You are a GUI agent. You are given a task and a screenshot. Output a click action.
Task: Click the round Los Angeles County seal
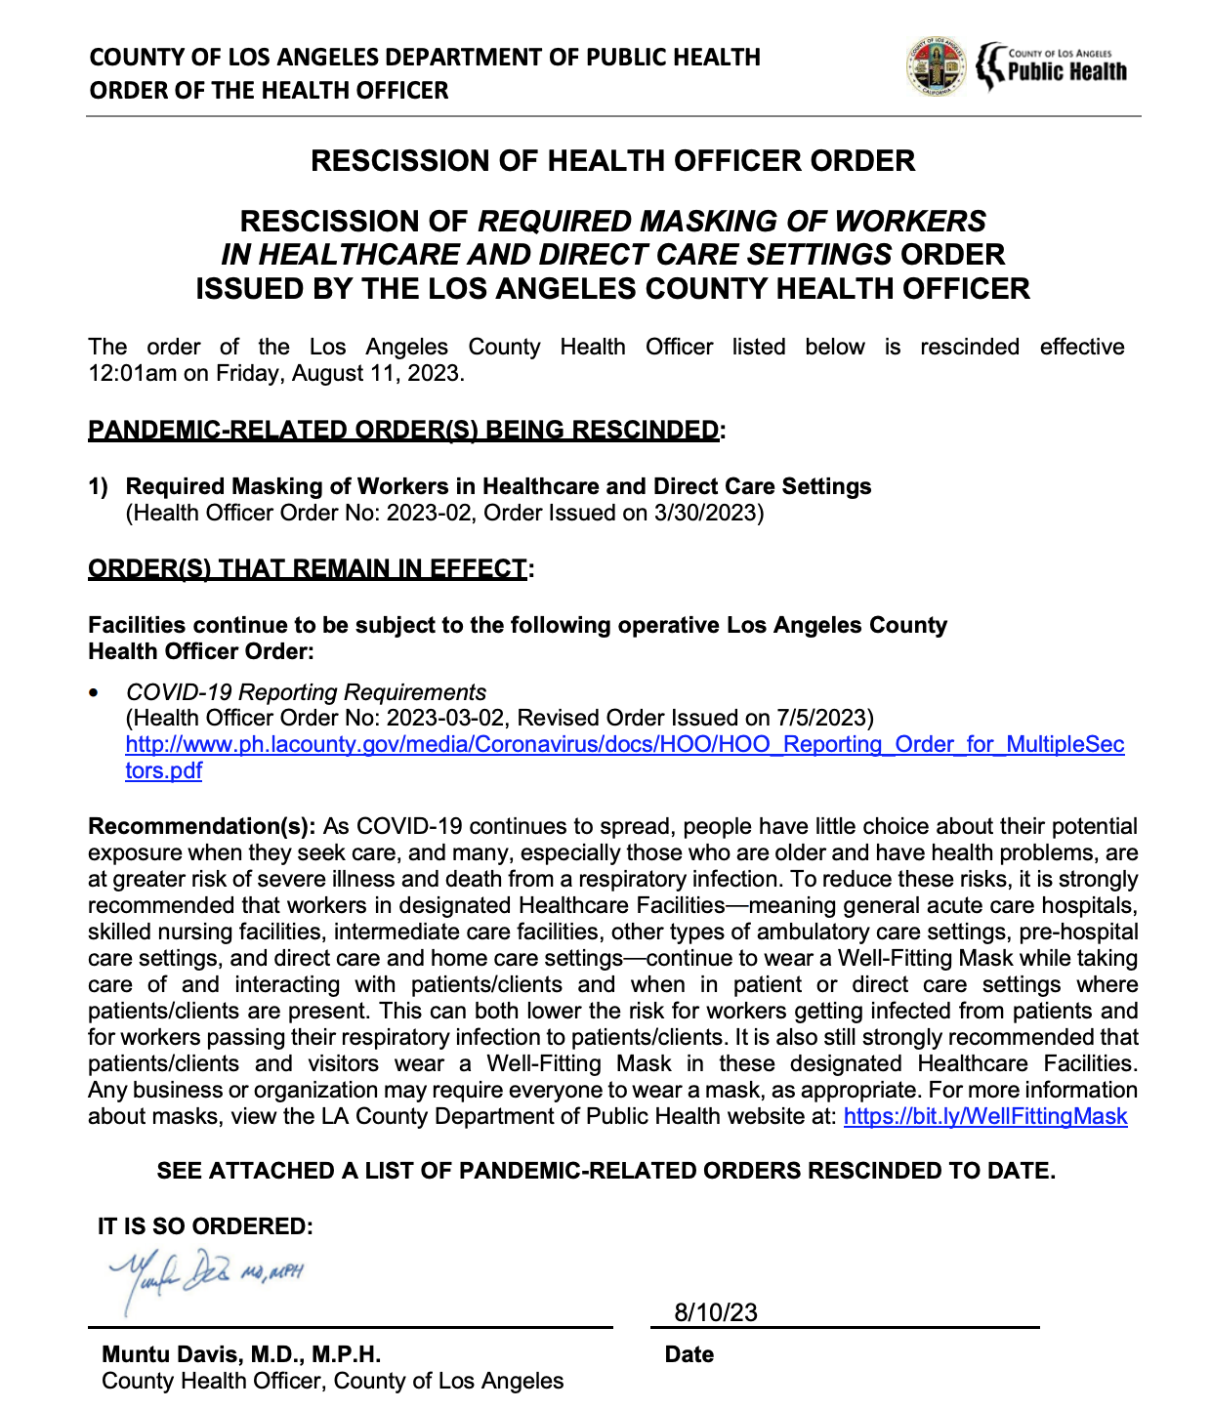[x=936, y=67]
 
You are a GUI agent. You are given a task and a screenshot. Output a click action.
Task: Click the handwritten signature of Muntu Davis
[x=206, y=1274]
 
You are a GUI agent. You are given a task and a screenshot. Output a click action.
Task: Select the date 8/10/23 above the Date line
[x=716, y=1312]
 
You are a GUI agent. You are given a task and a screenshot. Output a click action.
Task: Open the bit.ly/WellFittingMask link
[x=984, y=1116]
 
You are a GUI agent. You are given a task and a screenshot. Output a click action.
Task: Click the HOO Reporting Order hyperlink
[x=625, y=745]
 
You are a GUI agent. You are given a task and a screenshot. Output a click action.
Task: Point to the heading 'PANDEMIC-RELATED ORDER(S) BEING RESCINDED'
[x=402, y=430]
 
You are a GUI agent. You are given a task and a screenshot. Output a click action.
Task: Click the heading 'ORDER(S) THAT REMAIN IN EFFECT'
[x=307, y=568]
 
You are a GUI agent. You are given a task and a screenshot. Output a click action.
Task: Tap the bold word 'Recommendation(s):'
[x=201, y=826]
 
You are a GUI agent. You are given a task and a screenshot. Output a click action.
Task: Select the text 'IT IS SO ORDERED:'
[x=205, y=1226]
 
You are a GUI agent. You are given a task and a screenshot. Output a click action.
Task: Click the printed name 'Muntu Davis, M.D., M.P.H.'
[x=241, y=1354]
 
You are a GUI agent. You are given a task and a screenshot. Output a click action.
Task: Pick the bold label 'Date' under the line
[x=689, y=1354]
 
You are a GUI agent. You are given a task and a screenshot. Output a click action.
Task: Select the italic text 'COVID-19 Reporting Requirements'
[x=306, y=692]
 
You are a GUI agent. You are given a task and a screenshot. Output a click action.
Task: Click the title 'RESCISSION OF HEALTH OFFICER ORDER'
[x=612, y=160]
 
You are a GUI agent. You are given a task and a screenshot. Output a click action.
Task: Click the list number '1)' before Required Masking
[x=99, y=486]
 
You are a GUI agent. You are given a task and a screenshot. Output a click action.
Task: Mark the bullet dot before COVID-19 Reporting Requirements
[x=94, y=692]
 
